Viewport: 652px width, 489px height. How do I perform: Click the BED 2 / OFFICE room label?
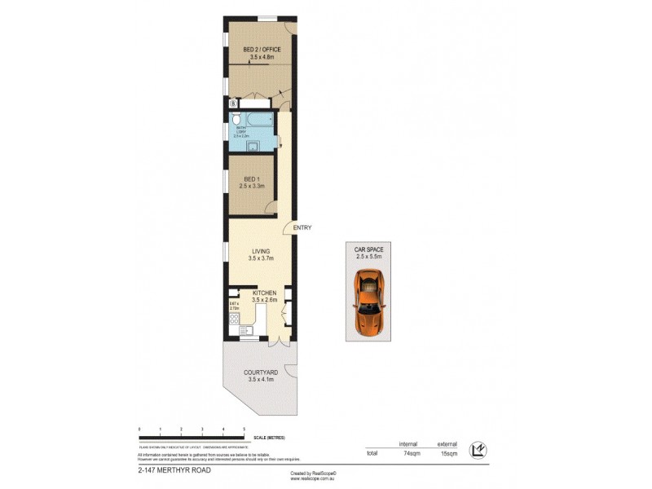[262, 50]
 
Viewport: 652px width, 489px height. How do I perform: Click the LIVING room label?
[261, 251]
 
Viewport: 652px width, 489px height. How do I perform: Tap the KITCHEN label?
[265, 293]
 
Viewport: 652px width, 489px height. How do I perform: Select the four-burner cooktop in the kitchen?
[235, 320]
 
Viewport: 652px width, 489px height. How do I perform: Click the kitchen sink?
[245, 330]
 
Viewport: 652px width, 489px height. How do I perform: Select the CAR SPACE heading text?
[368, 249]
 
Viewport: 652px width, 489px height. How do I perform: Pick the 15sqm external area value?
[448, 453]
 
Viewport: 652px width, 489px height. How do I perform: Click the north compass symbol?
[480, 449]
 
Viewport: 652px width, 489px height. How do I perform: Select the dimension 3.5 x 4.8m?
[262, 58]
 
